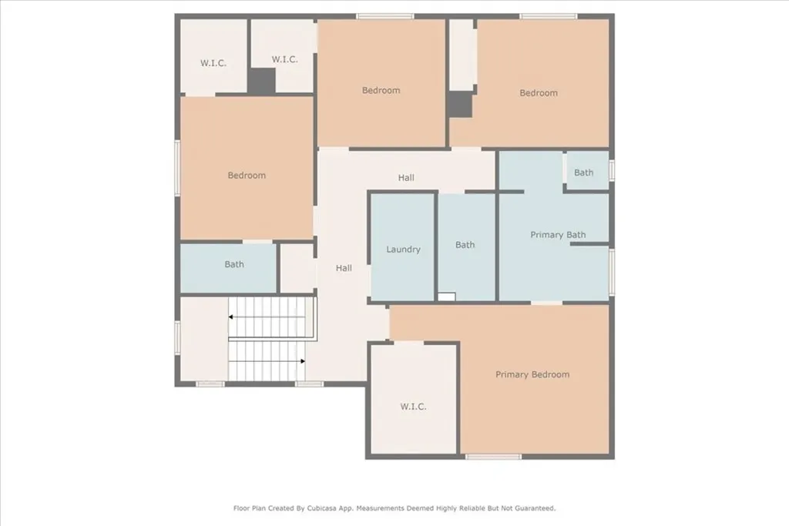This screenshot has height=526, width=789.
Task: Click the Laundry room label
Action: (403, 250)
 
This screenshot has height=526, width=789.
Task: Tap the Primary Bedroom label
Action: (532, 375)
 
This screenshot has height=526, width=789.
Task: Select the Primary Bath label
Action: (558, 235)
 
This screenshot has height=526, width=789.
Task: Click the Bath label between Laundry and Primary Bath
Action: (465, 245)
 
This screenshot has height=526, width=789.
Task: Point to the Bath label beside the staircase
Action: (234, 264)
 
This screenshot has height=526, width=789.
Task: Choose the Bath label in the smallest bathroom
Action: (583, 173)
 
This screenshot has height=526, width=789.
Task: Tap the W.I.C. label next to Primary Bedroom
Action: (413, 407)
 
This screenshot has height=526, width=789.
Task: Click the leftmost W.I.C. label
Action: (213, 63)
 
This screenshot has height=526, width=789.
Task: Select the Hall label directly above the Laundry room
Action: (406, 178)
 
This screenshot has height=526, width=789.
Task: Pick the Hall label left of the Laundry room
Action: (344, 268)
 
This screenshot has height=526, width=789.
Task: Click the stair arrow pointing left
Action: (230, 317)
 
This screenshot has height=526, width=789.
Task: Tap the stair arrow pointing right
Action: (303, 360)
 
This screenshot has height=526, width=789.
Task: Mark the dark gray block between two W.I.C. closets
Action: (261, 81)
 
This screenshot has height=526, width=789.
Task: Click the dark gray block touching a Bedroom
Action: (460, 104)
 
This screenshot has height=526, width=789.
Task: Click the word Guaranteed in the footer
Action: (534, 508)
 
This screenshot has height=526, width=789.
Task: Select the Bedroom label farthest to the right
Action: (538, 93)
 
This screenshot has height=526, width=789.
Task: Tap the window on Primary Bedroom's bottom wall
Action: (493, 457)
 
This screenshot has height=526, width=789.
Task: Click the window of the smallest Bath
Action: (611, 170)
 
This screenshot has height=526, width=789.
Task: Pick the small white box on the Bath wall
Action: (446, 297)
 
